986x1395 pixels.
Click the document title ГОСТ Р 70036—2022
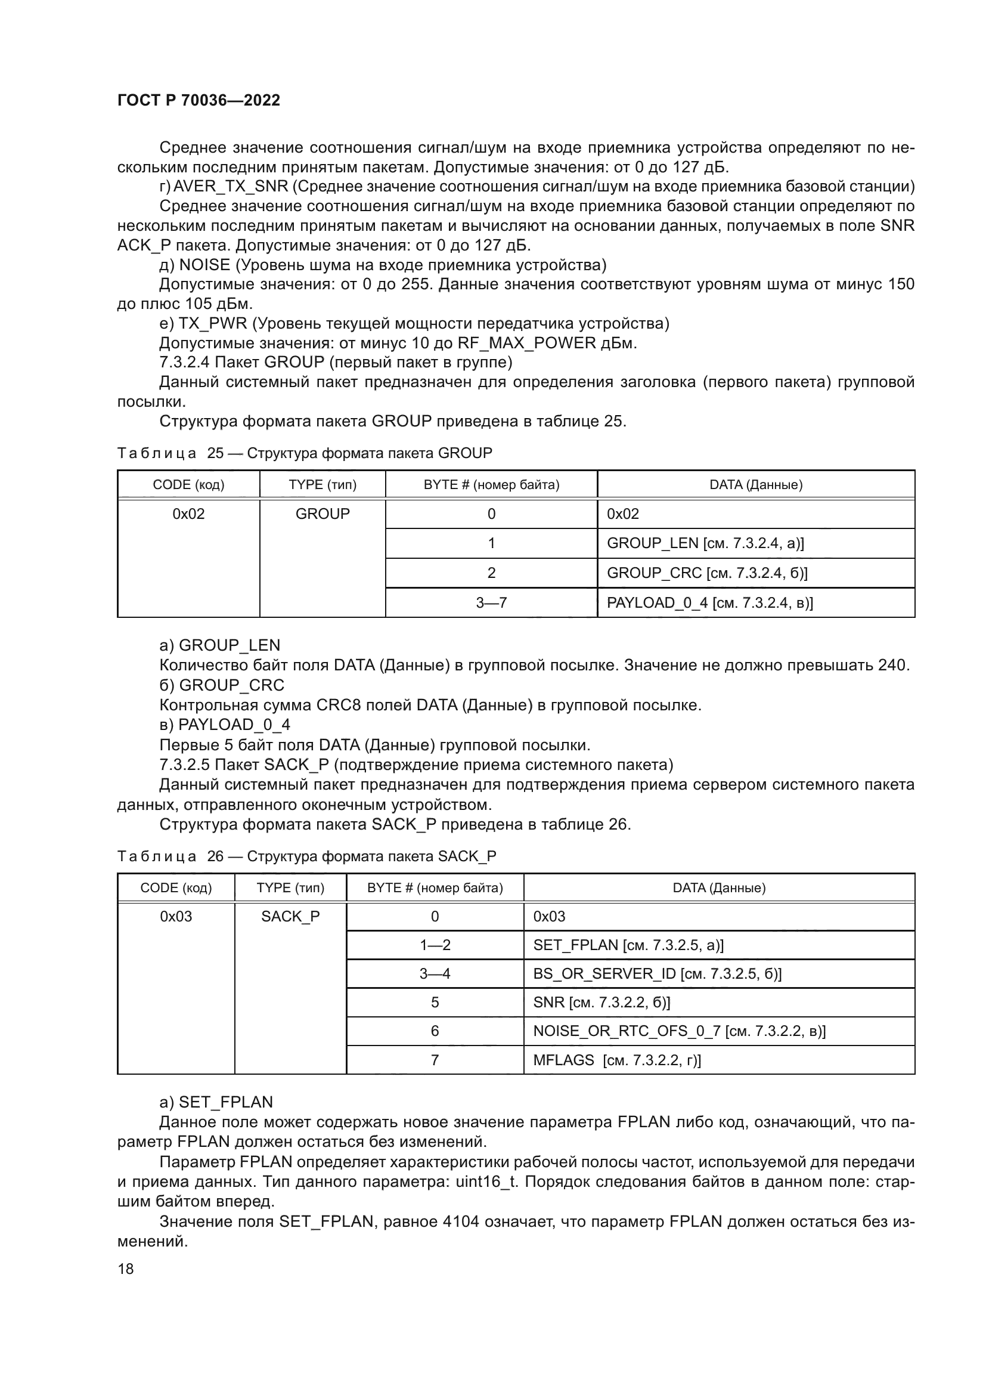[199, 100]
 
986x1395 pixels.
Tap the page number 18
[126, 1269]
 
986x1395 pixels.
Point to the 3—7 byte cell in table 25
[491, 603]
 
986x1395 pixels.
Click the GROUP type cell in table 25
[323, 514]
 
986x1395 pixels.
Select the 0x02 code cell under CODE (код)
[188, 514]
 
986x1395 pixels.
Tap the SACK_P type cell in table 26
[290, 917]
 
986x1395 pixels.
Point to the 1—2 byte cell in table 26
[435, 945]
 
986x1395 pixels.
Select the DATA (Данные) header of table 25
[756, 485]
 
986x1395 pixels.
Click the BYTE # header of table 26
[435, 887]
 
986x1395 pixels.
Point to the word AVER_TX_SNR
[231, 187]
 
